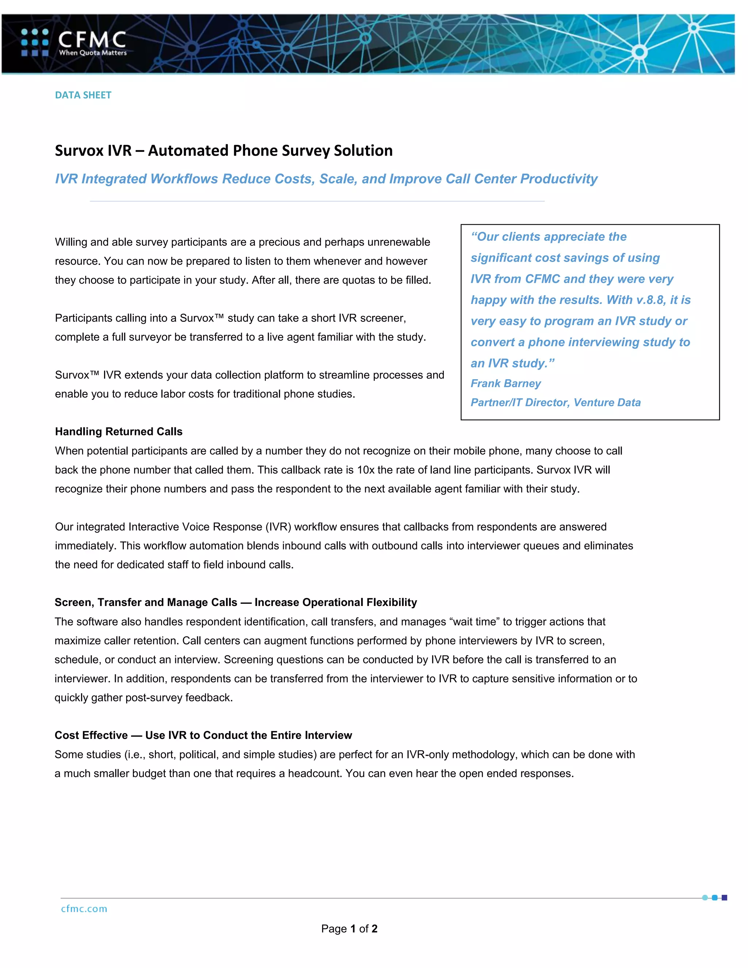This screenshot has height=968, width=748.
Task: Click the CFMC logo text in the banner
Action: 92,39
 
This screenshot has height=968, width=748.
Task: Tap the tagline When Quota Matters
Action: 93,53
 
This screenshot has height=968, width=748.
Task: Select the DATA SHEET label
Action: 83,95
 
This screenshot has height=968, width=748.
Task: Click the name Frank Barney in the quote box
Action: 505,384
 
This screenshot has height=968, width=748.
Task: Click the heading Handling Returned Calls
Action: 118,432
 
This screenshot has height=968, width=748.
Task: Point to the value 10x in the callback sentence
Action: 366,470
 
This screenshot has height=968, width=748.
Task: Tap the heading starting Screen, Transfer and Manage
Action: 235,602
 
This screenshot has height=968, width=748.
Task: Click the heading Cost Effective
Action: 91,735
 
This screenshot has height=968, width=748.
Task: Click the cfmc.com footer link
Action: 84,909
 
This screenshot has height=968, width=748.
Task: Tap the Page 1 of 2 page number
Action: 349,929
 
